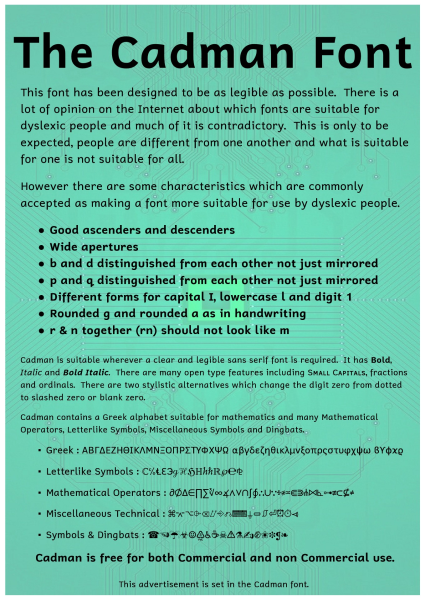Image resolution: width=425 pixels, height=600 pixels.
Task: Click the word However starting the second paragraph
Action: pyautogui.click(x=48, y=187)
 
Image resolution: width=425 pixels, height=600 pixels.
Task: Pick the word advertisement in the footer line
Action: pyautogui.click(x=170, y=584)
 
